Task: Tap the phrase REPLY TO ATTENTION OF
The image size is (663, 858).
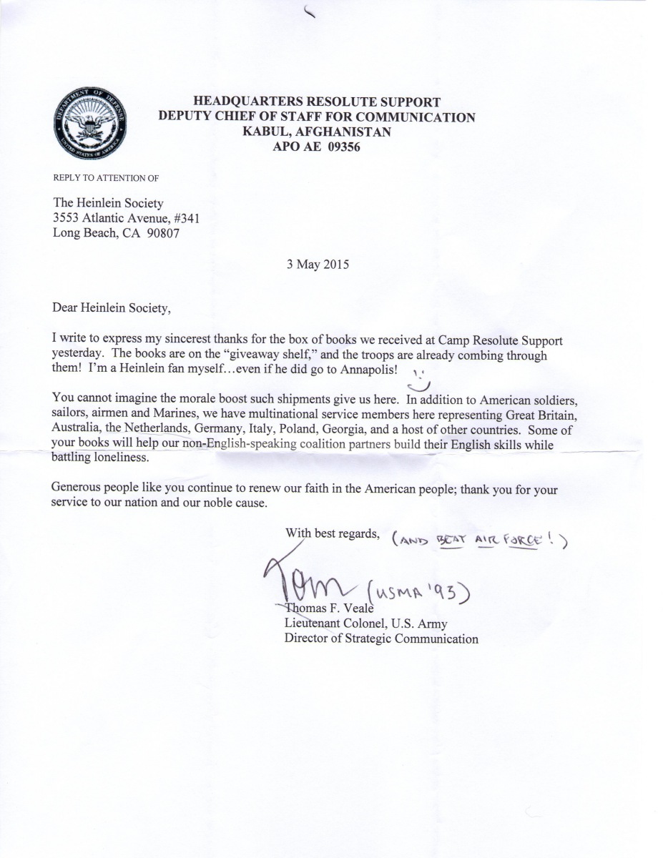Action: click(100, 178)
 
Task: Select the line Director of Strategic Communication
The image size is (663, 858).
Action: click(381, 638)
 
